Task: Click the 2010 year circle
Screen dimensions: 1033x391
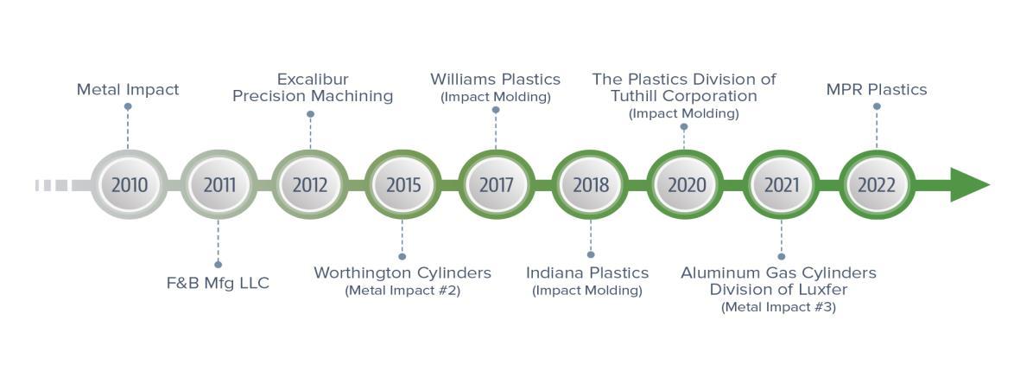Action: [129, 184]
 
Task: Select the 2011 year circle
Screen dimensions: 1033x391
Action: [219, 184]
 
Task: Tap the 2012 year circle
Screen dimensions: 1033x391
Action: [310, 184]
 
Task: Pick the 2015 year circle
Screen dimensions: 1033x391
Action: [402, 184]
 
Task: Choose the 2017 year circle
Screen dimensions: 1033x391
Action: [496, 184]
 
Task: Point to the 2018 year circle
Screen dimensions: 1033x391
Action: [591, 184]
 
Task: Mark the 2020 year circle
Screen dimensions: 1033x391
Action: [686, 184]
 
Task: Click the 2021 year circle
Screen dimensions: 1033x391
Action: [782, 184]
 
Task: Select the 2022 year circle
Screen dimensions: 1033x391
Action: [877, 184]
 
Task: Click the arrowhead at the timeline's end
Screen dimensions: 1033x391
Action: [969, 184]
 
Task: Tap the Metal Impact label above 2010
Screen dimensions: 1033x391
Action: [128, 89]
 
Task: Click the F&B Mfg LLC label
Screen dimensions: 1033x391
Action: [218, 283]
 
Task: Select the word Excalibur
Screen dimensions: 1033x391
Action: [313, 80]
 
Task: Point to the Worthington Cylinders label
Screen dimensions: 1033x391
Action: [402, 272]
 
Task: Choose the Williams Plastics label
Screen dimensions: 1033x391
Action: [496, 80]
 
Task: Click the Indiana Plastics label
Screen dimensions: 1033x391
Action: [587, 272]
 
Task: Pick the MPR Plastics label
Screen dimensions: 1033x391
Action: [877, 89]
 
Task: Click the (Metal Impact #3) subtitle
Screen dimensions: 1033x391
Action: [778, 307]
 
